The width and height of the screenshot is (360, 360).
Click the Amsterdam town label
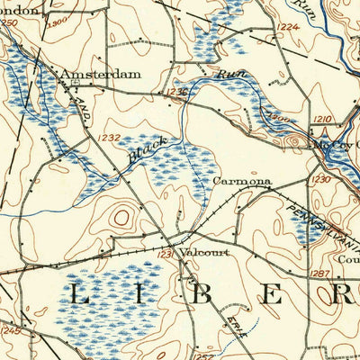[x=100, y=74]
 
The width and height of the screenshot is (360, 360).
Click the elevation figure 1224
[x=288, y=27]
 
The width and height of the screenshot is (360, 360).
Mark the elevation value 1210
[x=323, y=119]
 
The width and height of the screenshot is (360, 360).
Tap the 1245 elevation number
[x=10, y=331]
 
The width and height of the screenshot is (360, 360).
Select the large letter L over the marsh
[x=77, y=294]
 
